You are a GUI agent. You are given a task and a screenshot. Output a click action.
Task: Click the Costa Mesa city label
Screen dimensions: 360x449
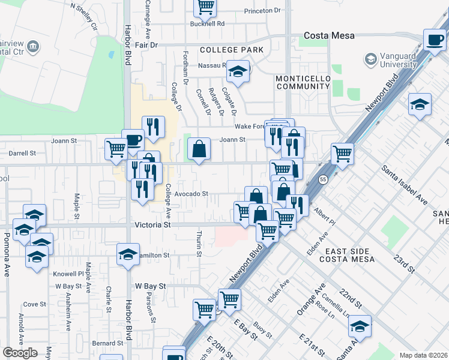(329, 36)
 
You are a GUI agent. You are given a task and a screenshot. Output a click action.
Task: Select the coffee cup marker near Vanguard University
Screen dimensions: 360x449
(433, 41)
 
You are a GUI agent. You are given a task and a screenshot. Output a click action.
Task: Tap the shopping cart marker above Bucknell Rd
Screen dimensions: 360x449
(205, 7)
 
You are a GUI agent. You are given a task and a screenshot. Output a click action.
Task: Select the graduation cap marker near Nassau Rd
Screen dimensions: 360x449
(238, 72)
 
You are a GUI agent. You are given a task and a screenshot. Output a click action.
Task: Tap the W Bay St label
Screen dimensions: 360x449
(150, 286)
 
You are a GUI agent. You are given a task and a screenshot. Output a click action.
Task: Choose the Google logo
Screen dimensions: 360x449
(20, 353)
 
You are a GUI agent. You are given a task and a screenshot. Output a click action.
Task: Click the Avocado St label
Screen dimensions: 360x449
(191, 194)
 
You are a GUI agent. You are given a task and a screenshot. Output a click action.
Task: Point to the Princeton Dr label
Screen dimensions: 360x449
(262, 11)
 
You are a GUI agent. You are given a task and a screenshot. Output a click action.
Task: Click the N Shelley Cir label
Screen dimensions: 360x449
(84, 17)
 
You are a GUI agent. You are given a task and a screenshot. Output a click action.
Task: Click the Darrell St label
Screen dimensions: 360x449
(22, 153)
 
